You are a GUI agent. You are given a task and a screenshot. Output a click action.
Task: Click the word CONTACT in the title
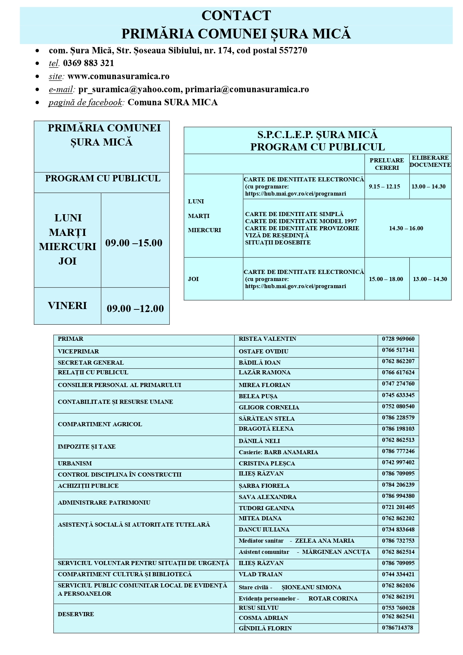click(236, 16)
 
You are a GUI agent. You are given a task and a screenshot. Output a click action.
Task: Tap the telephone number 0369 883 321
click(88, 63)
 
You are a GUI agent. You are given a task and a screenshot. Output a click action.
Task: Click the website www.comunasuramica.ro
click(118, 76)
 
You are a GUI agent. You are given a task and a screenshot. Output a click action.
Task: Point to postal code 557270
click(293, 50)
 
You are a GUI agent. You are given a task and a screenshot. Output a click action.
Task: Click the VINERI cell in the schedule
click(68, 306)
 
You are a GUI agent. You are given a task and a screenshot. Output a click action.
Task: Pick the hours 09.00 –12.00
click(135, 309)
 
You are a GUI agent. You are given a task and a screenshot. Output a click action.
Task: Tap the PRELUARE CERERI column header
click(387, 164)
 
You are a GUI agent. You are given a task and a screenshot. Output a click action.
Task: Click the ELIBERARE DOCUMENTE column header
click(430, 161)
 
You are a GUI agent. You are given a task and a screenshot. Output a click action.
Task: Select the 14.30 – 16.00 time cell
click(406, 228)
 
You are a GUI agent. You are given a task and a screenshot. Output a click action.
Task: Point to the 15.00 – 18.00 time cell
click(386, 279)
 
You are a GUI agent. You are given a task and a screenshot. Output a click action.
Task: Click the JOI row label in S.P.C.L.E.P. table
click(193, 279)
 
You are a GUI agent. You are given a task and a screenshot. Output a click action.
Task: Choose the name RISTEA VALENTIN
click(268, 339)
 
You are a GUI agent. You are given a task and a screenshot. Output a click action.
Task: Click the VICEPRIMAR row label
click(78, 352)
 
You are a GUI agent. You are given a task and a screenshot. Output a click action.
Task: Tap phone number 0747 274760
click(398, 384)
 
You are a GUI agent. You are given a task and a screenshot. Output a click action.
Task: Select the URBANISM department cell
click(75, 464)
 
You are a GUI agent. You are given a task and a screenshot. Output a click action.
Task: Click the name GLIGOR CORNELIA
click(269, 408)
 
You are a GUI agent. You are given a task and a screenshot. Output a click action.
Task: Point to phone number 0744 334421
click(398, 574)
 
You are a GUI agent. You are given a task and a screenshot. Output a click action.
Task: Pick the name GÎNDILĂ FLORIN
click(265, 628)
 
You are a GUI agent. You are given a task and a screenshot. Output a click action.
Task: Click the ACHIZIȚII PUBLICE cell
click(88, 486)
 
